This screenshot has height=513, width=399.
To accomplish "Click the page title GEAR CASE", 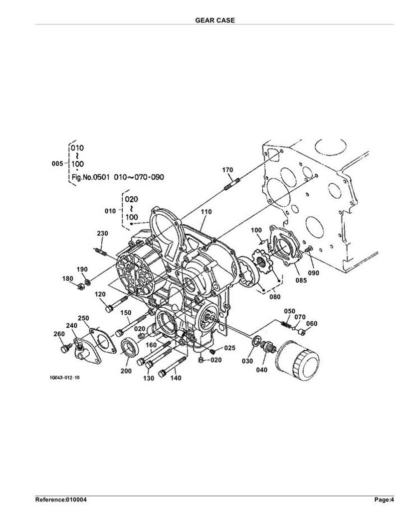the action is coord(215,20).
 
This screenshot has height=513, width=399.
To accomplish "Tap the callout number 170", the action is coord(227,170).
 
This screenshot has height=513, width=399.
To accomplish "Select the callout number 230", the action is coord(103,233).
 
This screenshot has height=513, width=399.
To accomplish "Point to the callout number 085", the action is coord(301,280).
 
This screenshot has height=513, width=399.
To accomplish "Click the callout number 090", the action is coord(314,272).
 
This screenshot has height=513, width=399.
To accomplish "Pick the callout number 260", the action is coord(59,334).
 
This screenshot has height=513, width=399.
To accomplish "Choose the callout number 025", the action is coord(229,348).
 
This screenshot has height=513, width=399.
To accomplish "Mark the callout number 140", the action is coord(176,378).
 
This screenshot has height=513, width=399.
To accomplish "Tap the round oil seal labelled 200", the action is coord(130,348).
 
